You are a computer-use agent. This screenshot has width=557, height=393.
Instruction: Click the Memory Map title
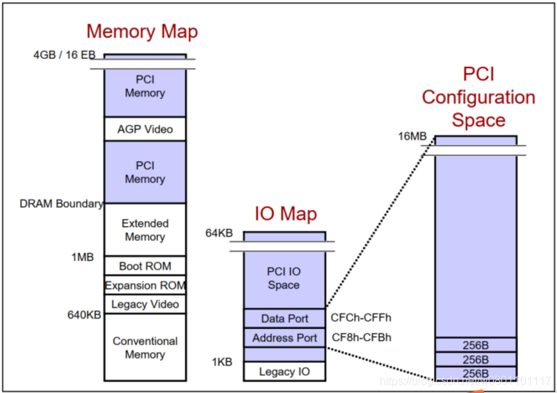(142, 31)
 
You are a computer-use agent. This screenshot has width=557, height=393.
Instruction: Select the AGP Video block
(145, 129)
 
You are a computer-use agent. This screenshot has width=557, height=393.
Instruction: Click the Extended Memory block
(145, 230)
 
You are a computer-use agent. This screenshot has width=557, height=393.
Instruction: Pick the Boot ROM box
(145, 266)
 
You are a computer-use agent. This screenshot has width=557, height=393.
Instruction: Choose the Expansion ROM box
(145, 285)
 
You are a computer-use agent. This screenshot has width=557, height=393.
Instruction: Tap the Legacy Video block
(145, 304)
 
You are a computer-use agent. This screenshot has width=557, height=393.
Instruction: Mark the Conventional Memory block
(145, 348)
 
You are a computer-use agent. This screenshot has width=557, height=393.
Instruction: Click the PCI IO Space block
(284, 278)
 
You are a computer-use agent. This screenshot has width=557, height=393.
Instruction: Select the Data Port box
(284, 319)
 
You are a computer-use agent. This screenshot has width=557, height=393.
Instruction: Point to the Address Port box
(284, 338)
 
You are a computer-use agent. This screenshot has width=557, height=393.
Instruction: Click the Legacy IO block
(284, 371)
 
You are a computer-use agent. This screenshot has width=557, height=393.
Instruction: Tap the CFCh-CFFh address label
(362, 319)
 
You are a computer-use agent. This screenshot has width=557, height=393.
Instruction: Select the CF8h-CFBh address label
(362, 338)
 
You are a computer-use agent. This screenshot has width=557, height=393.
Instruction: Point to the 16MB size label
(412, 136)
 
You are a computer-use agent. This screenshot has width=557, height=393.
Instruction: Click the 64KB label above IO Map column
(218, 232)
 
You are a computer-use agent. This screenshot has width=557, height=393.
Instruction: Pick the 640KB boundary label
(84, 315)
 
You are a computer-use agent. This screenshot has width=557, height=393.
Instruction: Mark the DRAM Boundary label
(62, 204)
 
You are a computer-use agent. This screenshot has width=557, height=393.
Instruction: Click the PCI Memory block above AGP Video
(145, 87)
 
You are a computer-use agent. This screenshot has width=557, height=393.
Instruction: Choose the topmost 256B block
(476, 344)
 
